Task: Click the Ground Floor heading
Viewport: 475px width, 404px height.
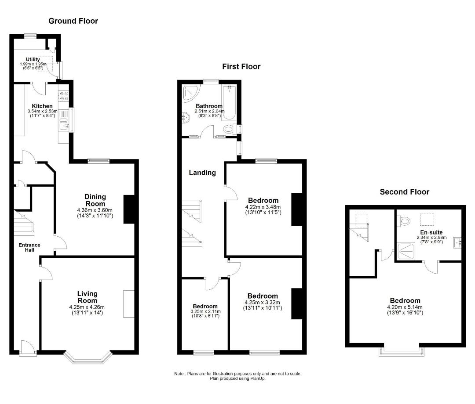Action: [73, 21]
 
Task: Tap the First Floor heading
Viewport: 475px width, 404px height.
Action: [241, 67]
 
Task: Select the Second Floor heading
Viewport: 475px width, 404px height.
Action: [405, 191]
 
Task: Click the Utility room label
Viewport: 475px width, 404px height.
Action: [33, 59]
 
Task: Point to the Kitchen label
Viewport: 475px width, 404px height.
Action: [42, 106]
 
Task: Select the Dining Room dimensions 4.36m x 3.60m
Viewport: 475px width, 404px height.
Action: [95, 210]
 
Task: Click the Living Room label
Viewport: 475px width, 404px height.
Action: [87, 296]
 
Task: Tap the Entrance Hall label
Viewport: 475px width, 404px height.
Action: [29, 248]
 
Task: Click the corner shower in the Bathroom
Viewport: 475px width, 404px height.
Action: [191, 92]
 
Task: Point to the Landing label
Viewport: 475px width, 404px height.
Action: [202, 173]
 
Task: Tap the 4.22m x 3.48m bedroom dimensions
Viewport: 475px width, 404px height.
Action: [263, 207]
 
